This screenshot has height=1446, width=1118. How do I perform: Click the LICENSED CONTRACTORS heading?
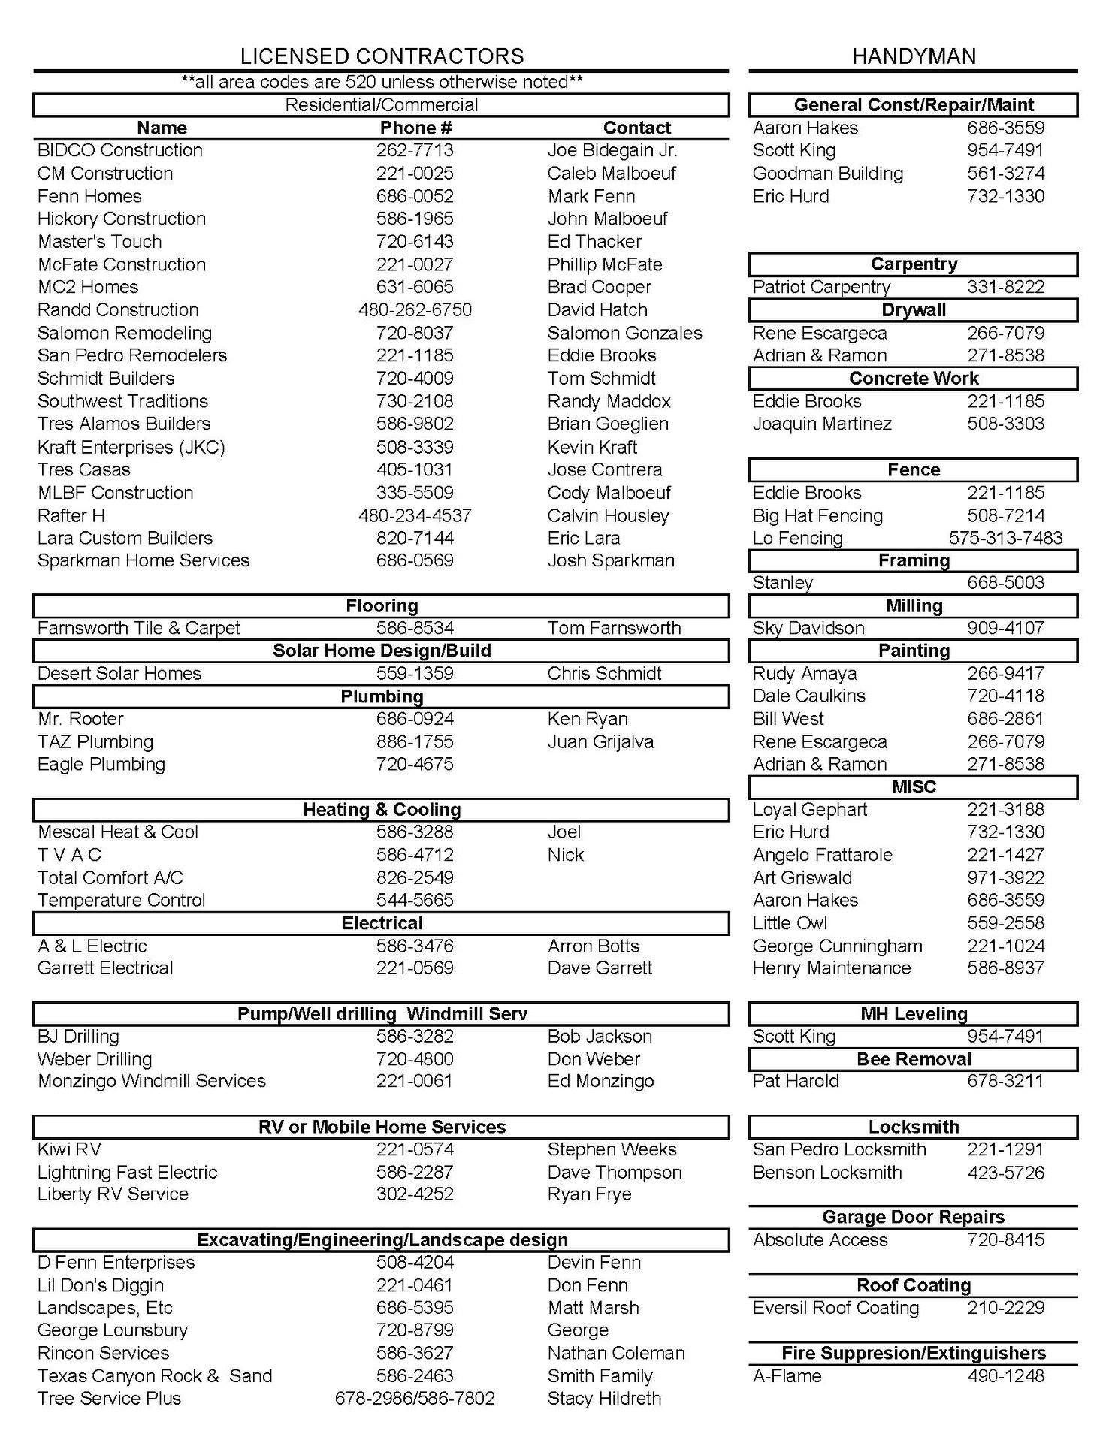[382, 56]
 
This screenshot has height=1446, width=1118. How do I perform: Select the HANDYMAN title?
[914, 56]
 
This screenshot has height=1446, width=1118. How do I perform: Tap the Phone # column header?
[415, 128]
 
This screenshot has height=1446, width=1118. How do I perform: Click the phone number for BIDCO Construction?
[415, 150]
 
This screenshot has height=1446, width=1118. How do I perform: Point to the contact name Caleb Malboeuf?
[612, 174]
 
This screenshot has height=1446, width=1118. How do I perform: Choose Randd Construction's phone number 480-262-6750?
[415, 310]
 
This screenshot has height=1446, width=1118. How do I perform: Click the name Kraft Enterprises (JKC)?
[131, 448]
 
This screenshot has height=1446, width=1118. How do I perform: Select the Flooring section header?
[382, 605]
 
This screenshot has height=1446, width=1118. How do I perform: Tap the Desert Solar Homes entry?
[119, 674]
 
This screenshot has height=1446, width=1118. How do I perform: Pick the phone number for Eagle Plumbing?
[415, 765]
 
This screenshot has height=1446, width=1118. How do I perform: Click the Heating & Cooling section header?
[382, 810]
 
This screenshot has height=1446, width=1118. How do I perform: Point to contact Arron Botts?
[594, 946]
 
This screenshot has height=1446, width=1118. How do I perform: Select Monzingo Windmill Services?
[152, 1081]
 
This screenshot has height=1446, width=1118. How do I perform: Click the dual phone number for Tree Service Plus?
[415, 1399]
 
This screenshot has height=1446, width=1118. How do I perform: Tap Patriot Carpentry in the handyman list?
[821, 287]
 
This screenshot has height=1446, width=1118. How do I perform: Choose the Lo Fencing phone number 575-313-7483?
[1005, 539]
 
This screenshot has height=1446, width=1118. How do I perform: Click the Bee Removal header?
[914, 1059]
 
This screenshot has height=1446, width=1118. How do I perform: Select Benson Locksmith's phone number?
[1005, 1173]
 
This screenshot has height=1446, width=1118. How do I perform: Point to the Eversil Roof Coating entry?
[835, 1308]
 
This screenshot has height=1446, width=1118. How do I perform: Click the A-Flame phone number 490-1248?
[1005, 1376]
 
